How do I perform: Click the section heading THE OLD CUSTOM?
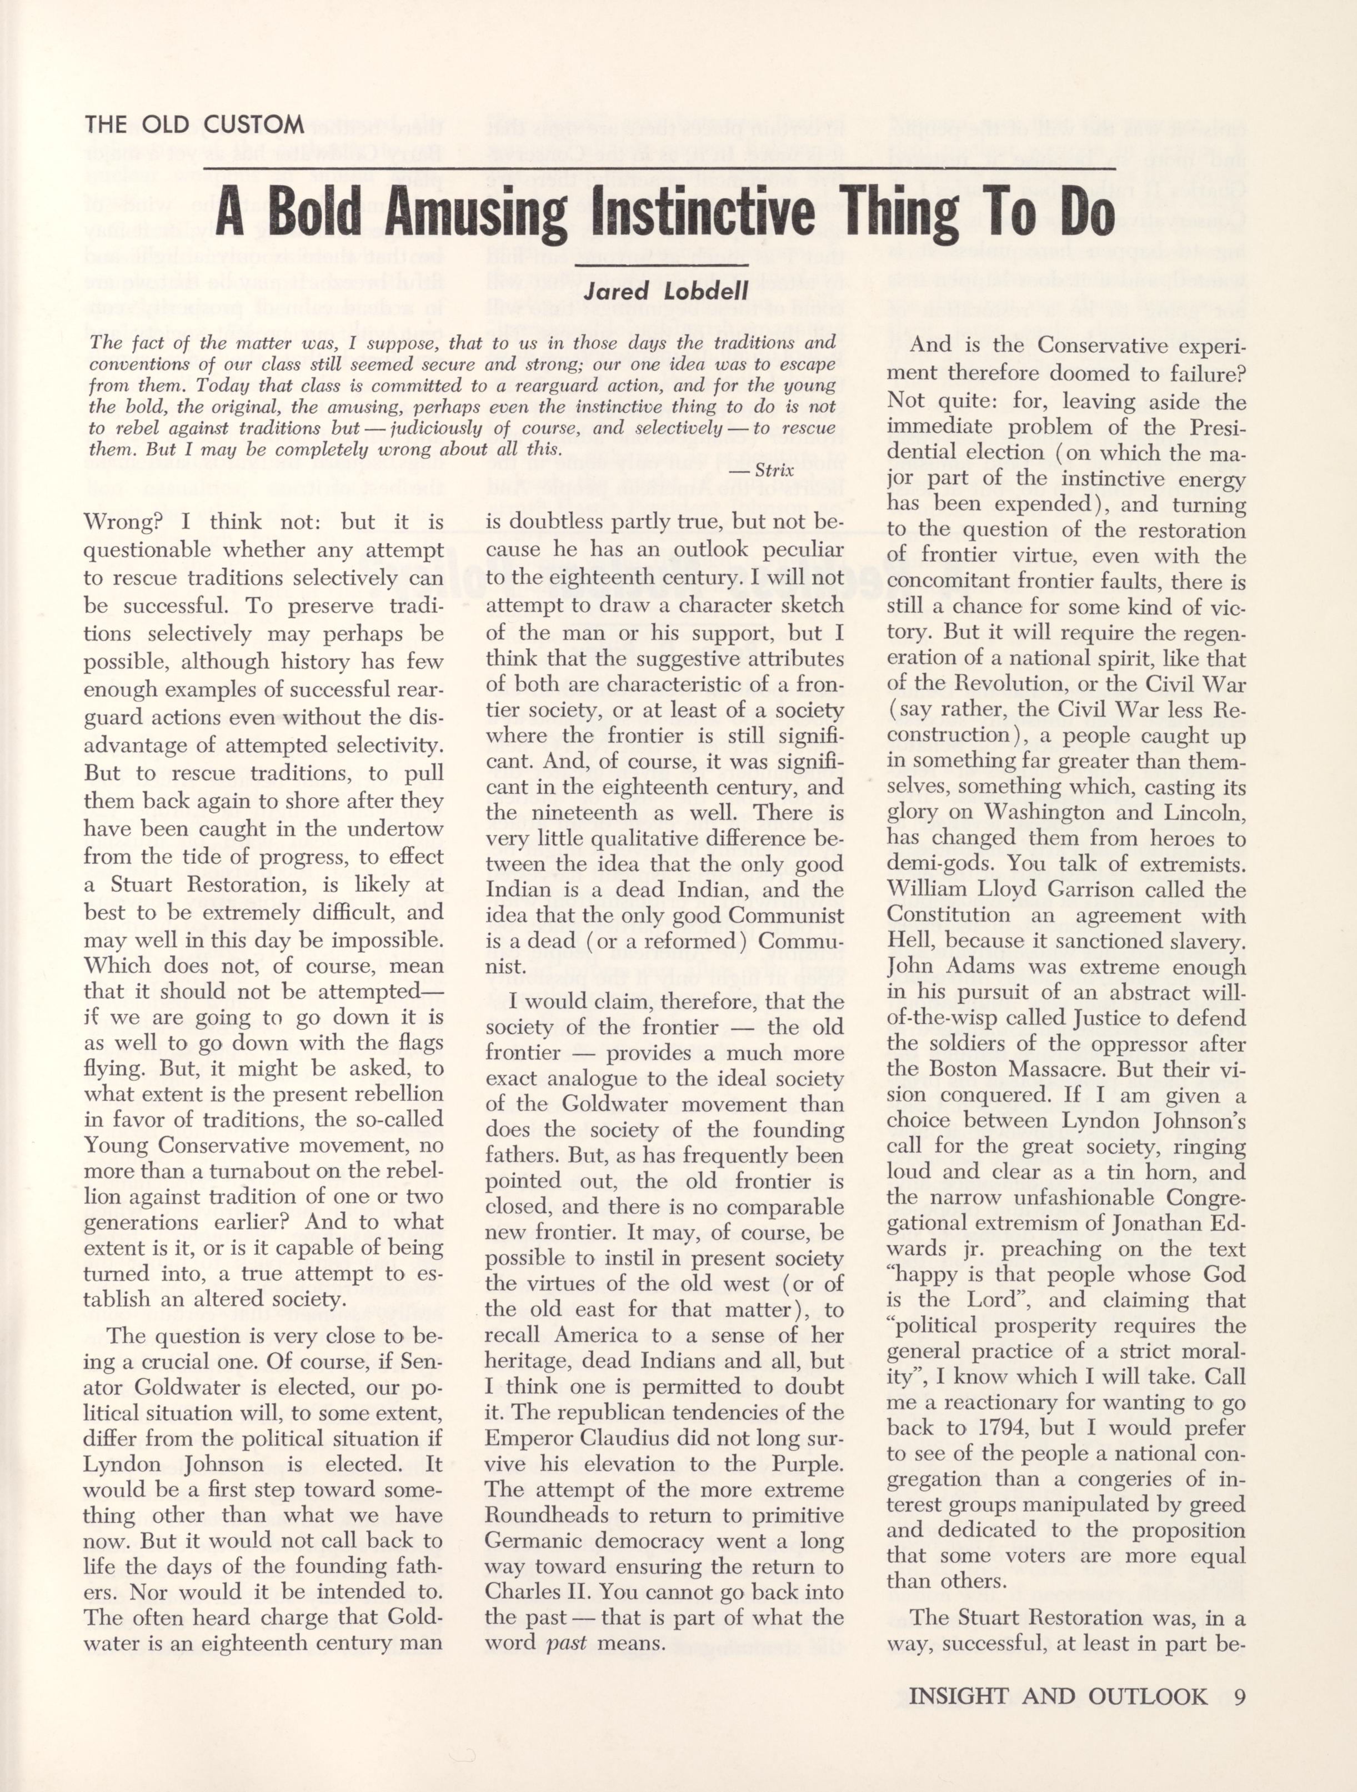pos(194,125)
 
